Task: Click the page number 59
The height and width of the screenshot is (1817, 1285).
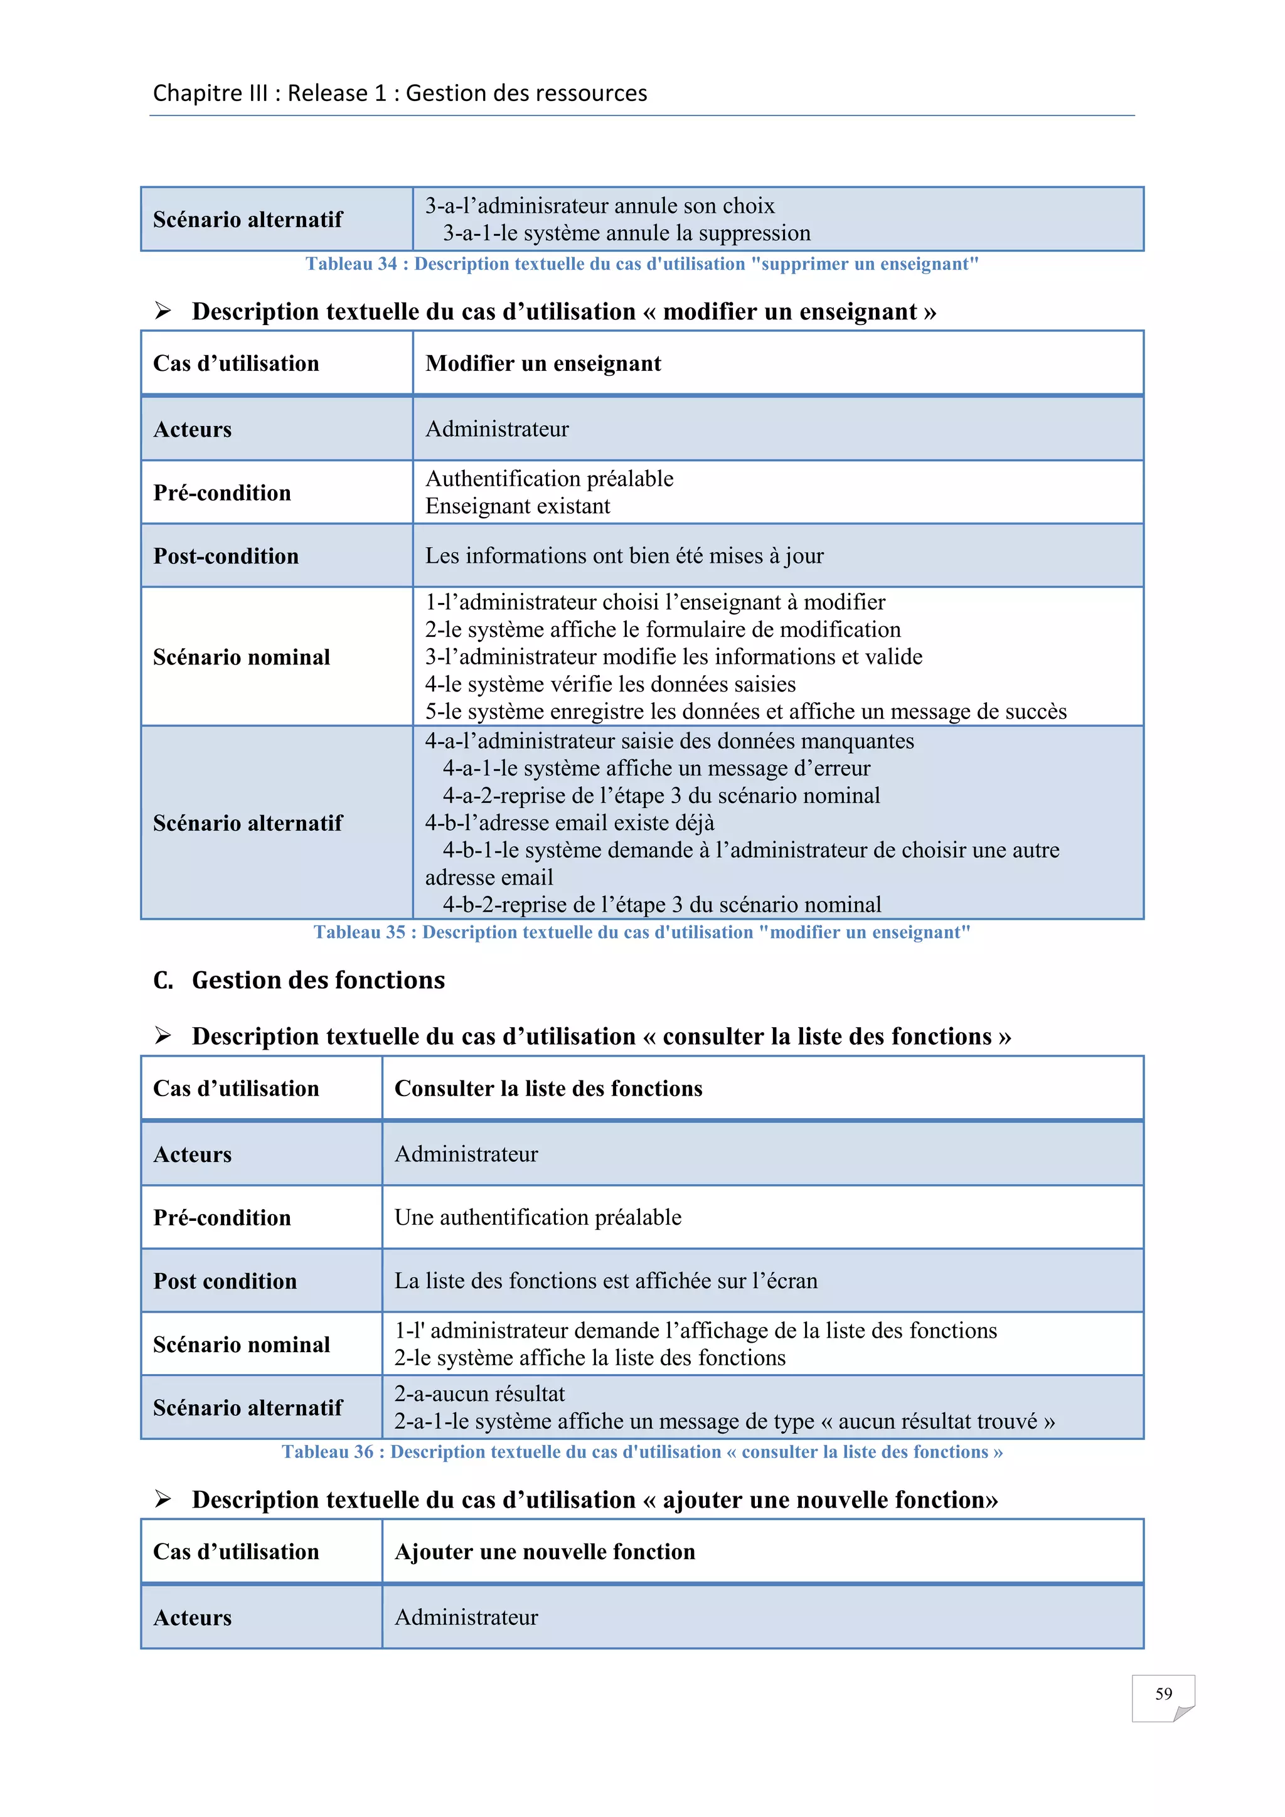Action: click(x=1163, y=1694)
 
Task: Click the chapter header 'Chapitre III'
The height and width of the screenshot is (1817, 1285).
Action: click(x=210, y=93)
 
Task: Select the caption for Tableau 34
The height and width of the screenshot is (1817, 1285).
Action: click(x=642, y=264)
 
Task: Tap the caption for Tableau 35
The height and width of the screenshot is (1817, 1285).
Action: click(x=642, y=932)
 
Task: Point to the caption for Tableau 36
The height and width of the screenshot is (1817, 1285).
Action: click(x=642, y=1452)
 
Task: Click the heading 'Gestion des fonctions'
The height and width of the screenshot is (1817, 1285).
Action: click(x=318, y=981)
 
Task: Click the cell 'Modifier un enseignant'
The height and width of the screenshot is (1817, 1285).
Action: click(x=543, y=364)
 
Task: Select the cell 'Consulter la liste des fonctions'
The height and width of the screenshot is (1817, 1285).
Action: click(x=548, y=1089)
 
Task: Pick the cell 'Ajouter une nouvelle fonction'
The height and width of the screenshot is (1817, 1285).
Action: click(x=545, y=1552)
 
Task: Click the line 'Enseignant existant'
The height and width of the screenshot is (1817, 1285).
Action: click(x=518, y=506)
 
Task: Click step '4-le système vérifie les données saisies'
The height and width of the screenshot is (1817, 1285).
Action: click(x=610, y=685)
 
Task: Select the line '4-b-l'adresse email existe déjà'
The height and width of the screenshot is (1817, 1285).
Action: click(x=569, y=823)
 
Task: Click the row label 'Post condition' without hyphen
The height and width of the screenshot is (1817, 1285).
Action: click(x=225, y=1281)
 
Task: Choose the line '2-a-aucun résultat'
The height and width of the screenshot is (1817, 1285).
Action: click(x=479, y=1394)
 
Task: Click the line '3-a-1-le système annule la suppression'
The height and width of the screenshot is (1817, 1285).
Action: click(x=626, y=233)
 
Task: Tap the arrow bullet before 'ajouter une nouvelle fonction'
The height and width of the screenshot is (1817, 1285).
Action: click(x=163, y=1499)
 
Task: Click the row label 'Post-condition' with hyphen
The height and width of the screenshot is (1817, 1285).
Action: click(x=225, y=557)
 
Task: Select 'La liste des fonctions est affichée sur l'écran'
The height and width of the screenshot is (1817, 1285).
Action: click(x=605, y=1281)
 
